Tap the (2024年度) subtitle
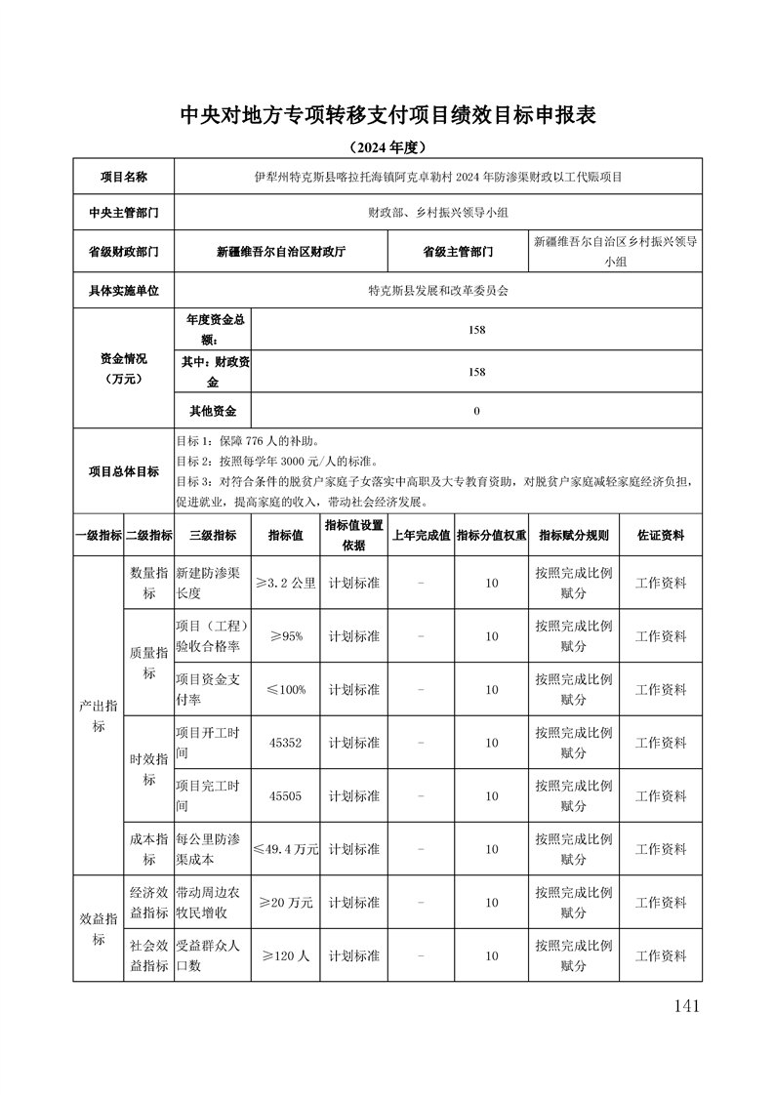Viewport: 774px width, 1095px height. (387, 147)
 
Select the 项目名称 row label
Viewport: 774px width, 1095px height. (123, 177)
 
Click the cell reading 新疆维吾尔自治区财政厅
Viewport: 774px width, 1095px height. (281, 251)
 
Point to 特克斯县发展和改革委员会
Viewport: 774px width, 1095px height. (438, 290)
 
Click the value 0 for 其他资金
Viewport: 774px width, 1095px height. (476, 411)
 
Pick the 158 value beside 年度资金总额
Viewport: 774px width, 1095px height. (476, 330)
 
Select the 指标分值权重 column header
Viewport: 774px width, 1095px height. (492, 535)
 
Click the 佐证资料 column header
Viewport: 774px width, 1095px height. (661, 535)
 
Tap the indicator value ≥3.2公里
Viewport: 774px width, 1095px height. (286, 583)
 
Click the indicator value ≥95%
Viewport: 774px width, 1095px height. (286, 636)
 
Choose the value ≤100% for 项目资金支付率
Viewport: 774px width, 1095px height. (286, 689)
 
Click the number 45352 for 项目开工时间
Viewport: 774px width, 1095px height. (286, 743)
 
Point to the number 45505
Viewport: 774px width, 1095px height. (286, 795)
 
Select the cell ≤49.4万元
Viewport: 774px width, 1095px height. (286, 849)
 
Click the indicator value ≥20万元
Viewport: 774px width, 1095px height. (286, 903)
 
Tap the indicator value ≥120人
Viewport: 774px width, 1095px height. (286, 955)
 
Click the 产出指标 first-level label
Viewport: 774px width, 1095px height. (99, 715)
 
